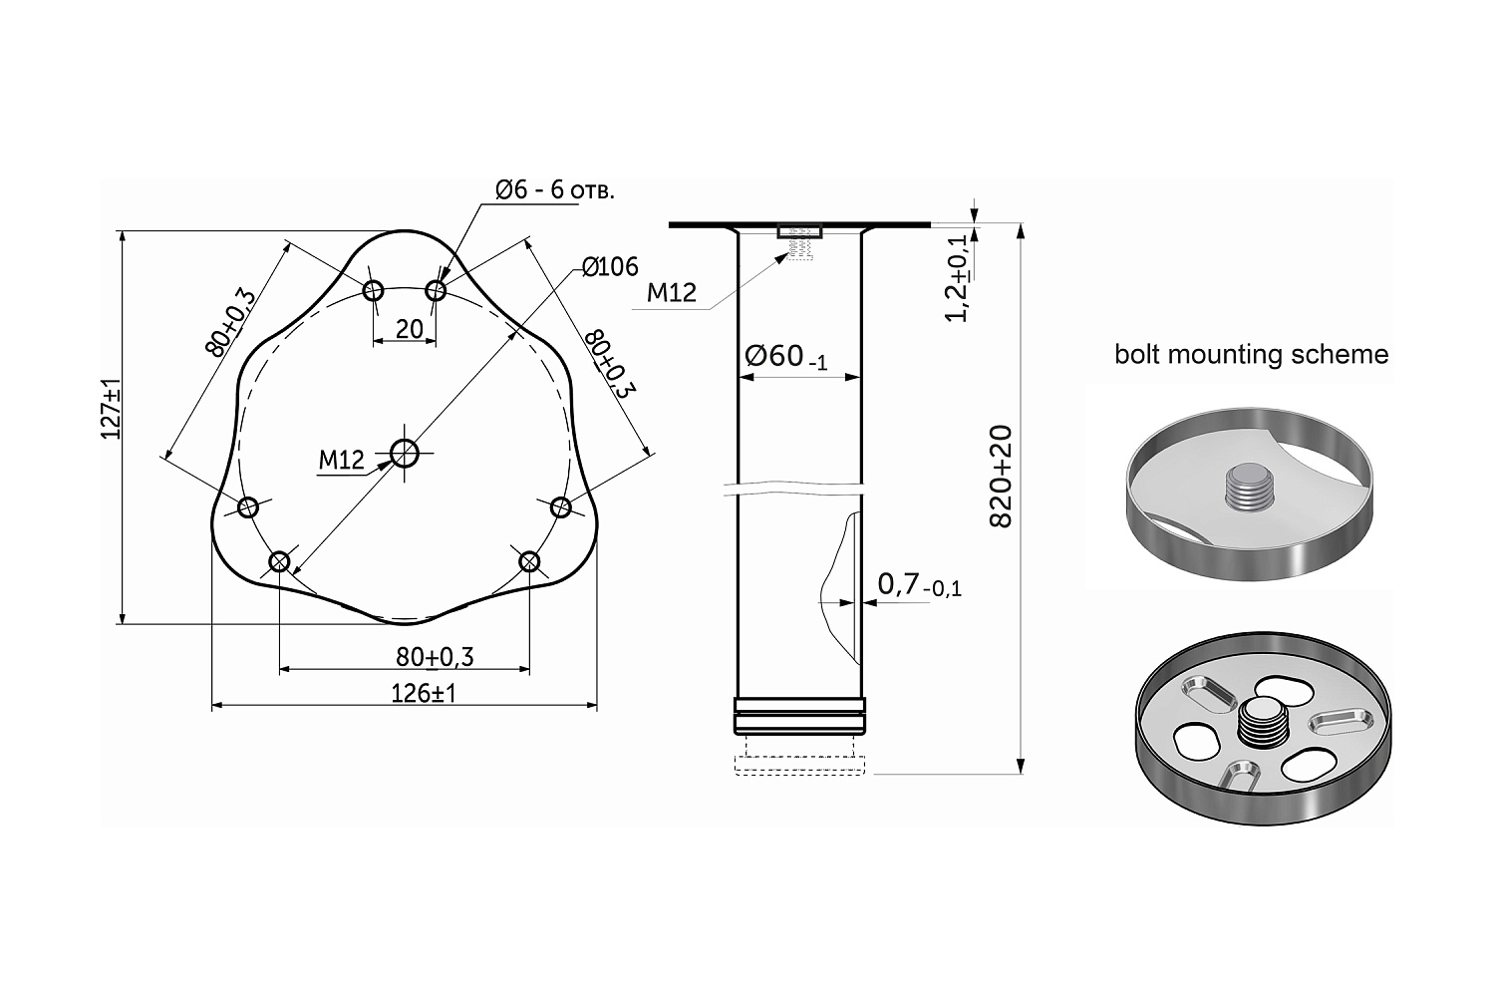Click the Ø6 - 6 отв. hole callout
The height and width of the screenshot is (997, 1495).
pos(554,190)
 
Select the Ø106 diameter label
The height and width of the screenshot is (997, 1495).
pos(610,267)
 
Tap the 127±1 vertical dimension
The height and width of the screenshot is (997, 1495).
pos(111,408)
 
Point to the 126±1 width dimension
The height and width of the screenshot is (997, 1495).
pos(424,694)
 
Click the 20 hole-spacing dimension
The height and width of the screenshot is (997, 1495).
pos(409,329)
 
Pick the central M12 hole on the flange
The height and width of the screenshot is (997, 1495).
pos(405,454)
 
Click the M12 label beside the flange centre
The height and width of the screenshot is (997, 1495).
pos(341,460)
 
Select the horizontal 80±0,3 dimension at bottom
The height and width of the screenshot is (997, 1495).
pos(435,657)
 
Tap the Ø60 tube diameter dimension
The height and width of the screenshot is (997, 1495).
pos(785,357)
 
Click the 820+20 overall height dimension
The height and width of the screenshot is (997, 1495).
pos(1001,477)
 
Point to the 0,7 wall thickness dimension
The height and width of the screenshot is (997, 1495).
pos(919,585)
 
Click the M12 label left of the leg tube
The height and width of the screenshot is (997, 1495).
pos(672,292)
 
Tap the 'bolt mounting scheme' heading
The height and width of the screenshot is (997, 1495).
pos(1252,355)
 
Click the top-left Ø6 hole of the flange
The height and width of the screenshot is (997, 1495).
pos(373,290)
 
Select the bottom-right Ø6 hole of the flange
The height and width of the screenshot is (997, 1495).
pos(529,561)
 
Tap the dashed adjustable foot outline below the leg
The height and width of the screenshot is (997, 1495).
pos(799,756)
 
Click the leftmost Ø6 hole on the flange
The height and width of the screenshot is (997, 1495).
pos(247,507)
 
